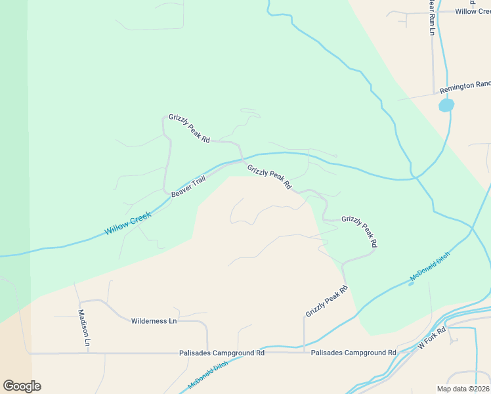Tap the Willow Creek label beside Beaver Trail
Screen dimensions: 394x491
pyautogui.click(x=128, y=223)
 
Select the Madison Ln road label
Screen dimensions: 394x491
pyautogui.click(x=84, y=328)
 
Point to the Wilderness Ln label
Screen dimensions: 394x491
pyautogui.click(x=154, y=321)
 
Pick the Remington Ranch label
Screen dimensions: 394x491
pyautogui.click(x=465, y=85)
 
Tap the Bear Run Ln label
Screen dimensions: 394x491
pyautogui.click(x=432, y=17)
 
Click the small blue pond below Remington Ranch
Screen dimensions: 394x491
pyautogui.click(x=446, y=105)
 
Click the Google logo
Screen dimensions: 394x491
pyautogui.click(x=22, y=385)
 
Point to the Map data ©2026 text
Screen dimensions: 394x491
pyautogui.click(x=462, y=389)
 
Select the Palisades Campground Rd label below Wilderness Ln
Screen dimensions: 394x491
pyautogui.click(x=222, y=353)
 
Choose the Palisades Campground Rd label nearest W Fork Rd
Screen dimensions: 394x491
pyautogui.click(x=353, y=353)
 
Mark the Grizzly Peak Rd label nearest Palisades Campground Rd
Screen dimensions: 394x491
pyautogui.click(x=326, y=301)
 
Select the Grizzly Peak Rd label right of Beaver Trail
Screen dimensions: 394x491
pyautogui.click(x=269, y=177)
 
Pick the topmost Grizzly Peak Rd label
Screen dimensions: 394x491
pyautogui.click(x=189, y=128)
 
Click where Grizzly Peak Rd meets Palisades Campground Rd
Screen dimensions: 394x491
pyautogui.click(x=304, y=352)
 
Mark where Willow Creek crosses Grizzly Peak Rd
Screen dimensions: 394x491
pyautogui.click(x=244, y=159)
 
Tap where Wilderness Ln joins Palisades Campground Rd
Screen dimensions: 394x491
pyautogui.click(x=207, y=352)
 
